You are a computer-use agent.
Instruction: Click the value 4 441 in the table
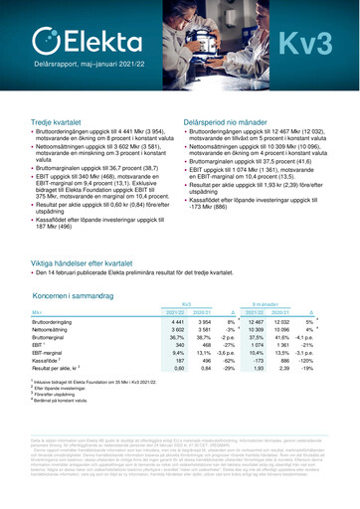177,322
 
